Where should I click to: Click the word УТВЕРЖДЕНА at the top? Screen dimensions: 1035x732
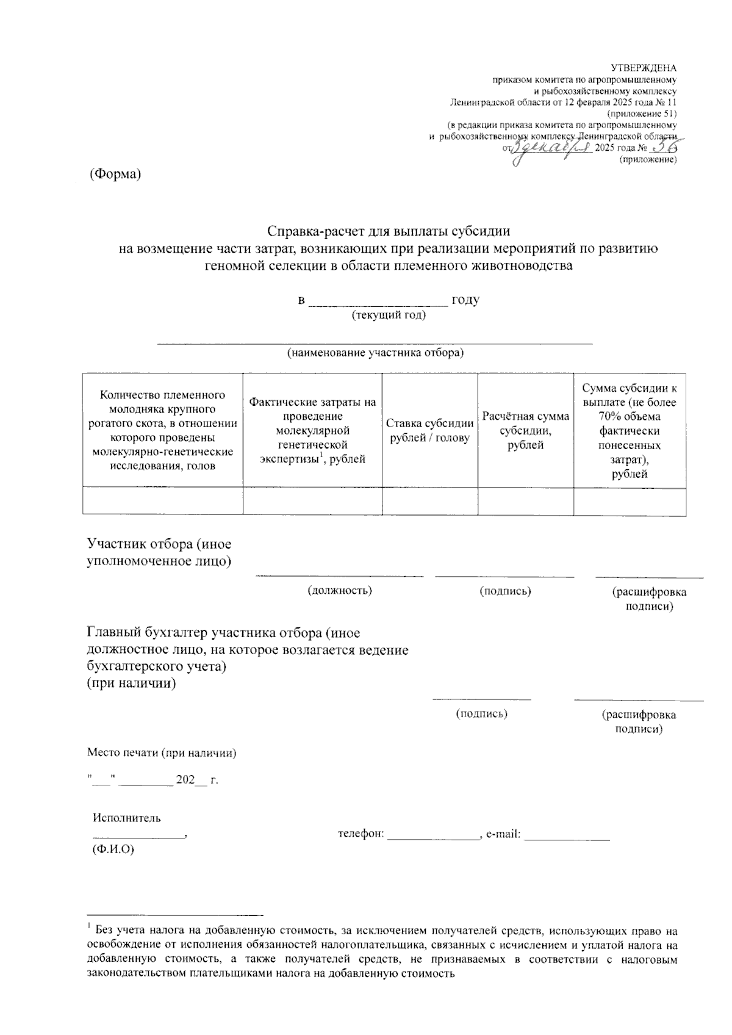pyautogui.click(x=644, y=68)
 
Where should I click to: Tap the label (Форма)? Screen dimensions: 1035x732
pyautogui.click(x=115, y=174)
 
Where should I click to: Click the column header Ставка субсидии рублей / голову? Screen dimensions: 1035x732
pyautogui.click(x=429, y=431)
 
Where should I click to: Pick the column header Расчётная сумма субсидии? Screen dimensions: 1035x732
pyautogui.click(x=525, y=430)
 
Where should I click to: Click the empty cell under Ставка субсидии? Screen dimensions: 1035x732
pyautogui.click(x=429, y=502)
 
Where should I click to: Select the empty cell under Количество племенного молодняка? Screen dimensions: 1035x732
pyautogui.click(x=163, y=502)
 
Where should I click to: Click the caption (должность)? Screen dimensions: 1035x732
pyautogui.click(x=340, y=590)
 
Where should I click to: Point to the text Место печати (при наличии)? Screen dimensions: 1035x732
pyautogui.click(x=162, y=753)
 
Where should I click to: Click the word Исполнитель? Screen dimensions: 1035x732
pyautogui.click(x=127, y=818)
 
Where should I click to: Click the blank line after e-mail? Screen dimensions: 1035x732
pyautogui.click(x=567, y=835)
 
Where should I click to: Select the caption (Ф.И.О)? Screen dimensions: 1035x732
pyautogui.click(x=113, y=849)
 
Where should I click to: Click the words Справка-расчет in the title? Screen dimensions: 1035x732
pyautogui.click(x=319, y=231)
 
